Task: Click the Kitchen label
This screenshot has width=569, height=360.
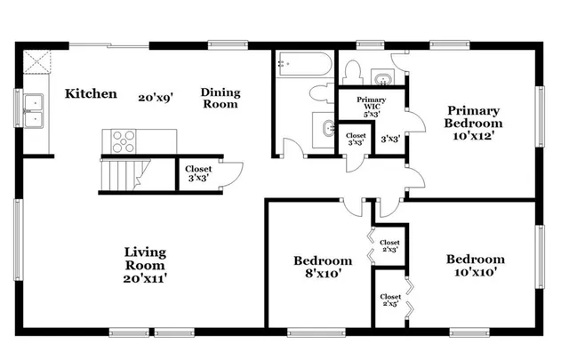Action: coord(92,93)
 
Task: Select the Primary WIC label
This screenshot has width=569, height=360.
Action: coord(371,107)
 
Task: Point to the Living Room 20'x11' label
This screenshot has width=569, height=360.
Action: coord(145,266)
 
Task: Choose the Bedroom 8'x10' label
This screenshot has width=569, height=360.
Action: coord(323,267)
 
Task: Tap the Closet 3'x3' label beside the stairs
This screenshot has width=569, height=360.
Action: coord(197,173)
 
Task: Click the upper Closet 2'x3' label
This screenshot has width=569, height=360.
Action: coord(389,245)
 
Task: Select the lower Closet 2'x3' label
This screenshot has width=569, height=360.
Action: coord(389,300)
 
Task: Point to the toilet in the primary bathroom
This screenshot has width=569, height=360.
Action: coord(352,72)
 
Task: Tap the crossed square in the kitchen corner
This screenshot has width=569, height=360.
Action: coord(38,64)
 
